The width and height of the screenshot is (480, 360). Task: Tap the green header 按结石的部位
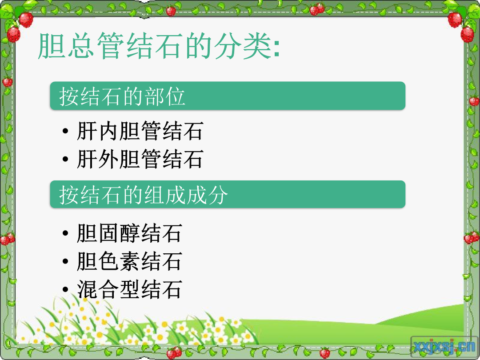(228, 96)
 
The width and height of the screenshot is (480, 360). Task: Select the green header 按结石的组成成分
(228, 194)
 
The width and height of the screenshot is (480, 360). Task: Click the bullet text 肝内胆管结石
(140, 131)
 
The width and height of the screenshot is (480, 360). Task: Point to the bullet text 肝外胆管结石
(140, 159)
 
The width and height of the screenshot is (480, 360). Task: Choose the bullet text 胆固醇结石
(129, 233)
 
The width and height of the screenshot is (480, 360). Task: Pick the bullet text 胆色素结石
(129, 261)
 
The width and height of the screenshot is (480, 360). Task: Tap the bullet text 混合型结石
(129, 289)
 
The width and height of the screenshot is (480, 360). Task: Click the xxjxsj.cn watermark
(444, 347)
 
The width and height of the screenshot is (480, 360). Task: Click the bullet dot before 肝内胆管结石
(65, 131)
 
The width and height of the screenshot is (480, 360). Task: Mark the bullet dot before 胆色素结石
(65, 262)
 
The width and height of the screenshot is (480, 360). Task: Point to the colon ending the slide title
(276, 48)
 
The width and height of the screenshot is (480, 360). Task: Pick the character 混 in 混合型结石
(87, 289)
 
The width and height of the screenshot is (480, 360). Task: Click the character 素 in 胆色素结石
(129, 261)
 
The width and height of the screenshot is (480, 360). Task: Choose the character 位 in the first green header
(175, 96)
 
